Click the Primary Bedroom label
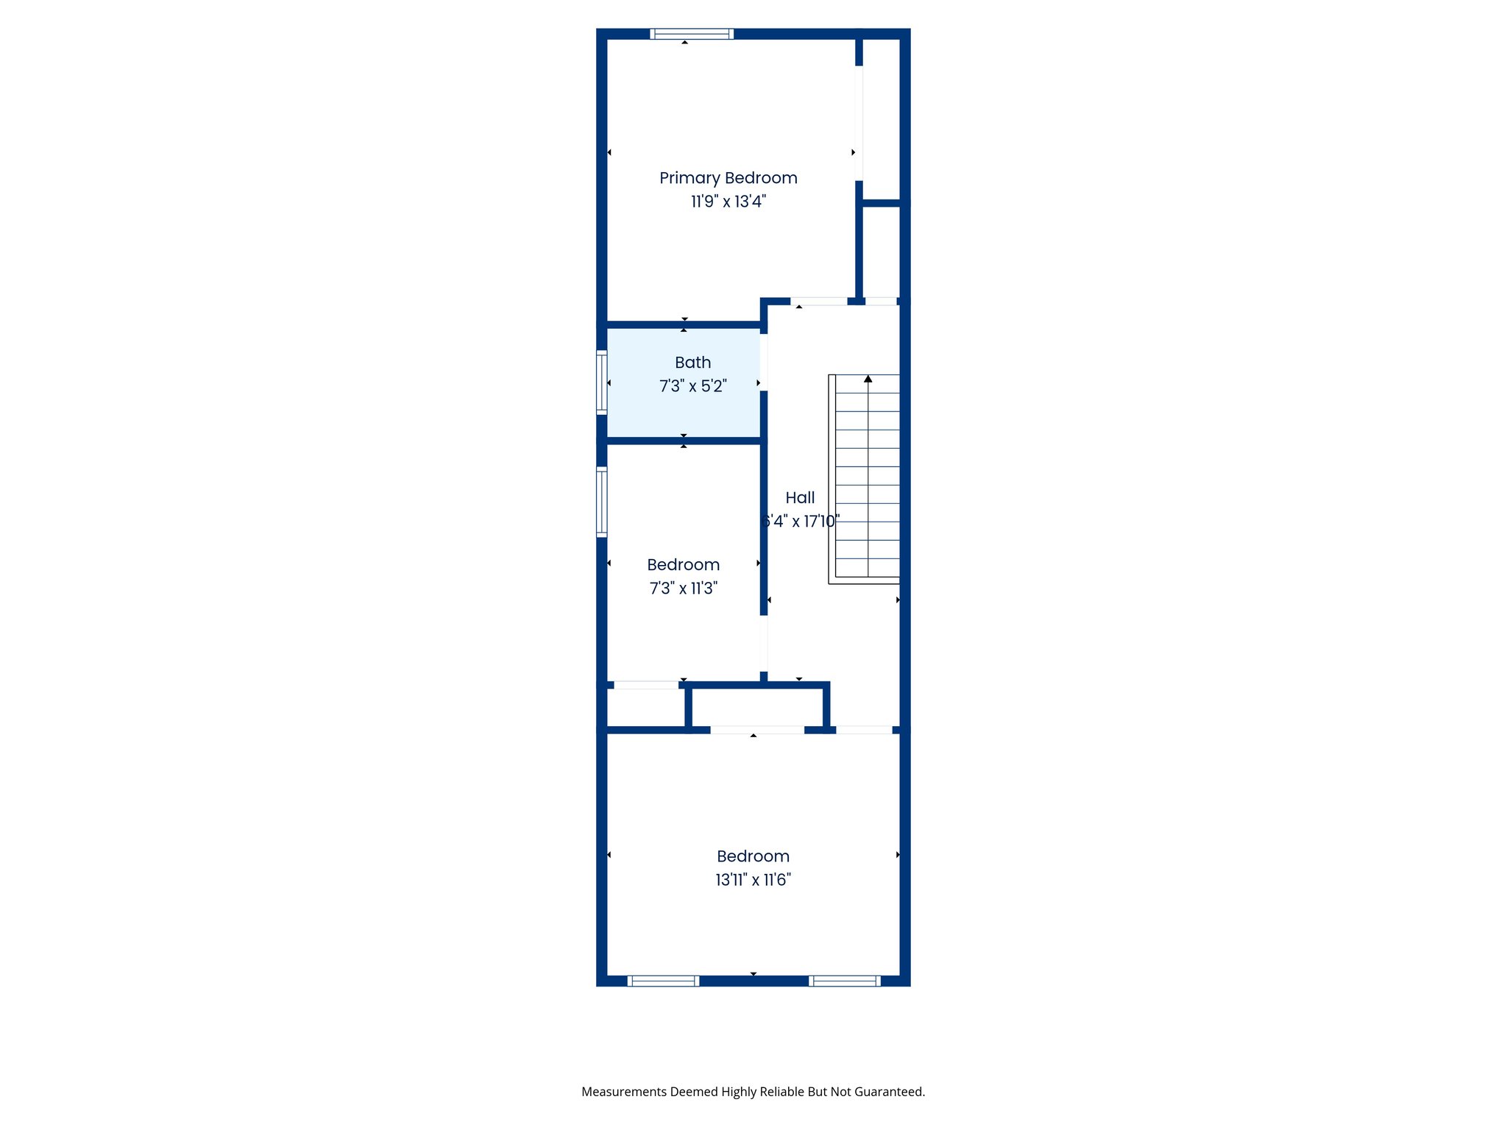[x=728, y=178]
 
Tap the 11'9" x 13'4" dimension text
[x=728, y=202]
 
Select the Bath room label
[x=692, y=363]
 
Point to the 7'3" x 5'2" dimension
[x=692, y=386]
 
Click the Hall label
[x=800, y=498]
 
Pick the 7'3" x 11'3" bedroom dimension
[x=683, y=589]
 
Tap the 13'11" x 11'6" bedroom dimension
[x=753, y=880]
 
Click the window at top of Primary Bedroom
[x=692, y=34]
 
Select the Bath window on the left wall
[x=602, y=383]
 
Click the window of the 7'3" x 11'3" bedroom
[x=602, y=502]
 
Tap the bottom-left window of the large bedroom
[x=663, y=981]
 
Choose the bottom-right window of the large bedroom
[x=845, y=981]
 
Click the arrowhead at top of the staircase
[x=868, y=379]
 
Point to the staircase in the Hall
[x=865, y=478]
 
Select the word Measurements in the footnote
[x=624, y=1092]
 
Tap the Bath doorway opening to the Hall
[x=764, y=363]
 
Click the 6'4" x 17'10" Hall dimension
[x=801, y=522]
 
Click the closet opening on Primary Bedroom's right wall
[x=859, y=123]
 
